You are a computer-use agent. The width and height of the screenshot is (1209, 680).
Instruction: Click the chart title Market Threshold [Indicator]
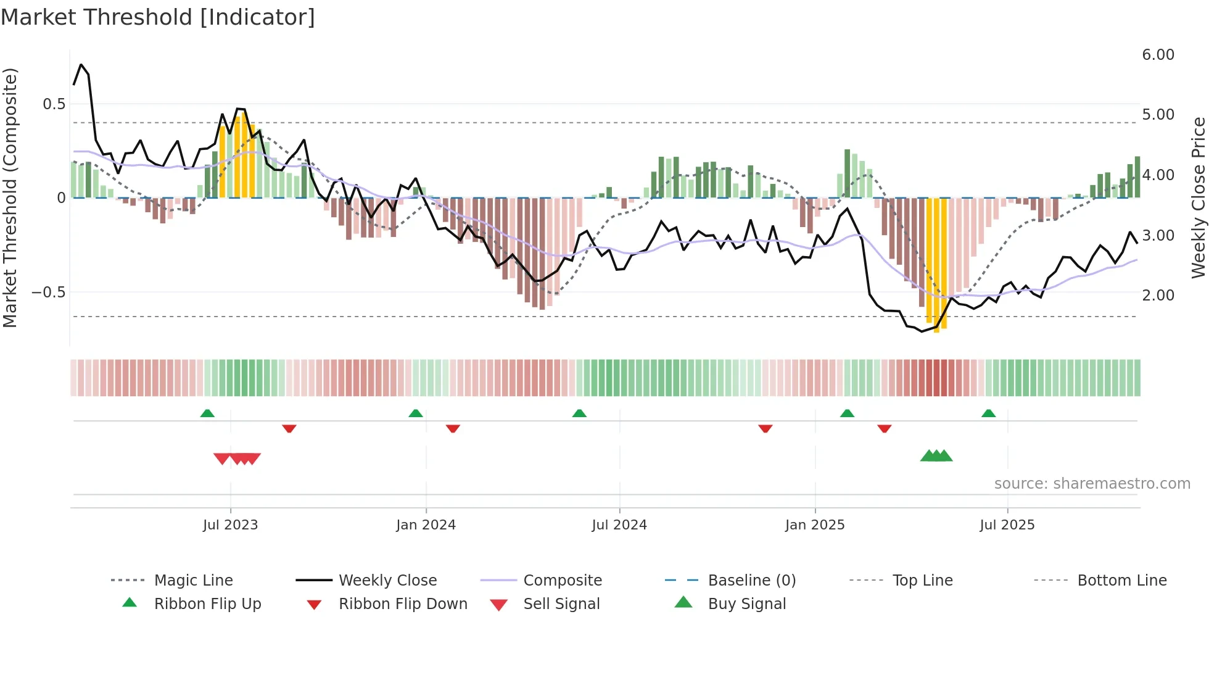pyautogui.click(x=158, y=17)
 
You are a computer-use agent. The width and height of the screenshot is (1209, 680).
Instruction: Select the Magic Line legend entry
pyautogui.click(x=193, y=581)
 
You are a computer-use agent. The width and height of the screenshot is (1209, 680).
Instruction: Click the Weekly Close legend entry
pyautogui.click(x=387, y=581)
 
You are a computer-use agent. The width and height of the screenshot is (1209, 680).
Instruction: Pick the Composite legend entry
pyautogui.click(x=562, y=581)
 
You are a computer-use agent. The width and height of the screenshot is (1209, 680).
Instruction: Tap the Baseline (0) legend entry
pyautogui.click(x=751, y=581)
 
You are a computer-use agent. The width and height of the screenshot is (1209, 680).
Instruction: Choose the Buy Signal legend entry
pyautogui.click(x=746, y=604)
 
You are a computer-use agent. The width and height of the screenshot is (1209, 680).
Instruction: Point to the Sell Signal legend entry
pyautogui.click(x=561, y=604)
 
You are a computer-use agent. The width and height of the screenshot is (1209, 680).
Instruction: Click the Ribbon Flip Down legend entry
pyautogui.click(x=403, y=604)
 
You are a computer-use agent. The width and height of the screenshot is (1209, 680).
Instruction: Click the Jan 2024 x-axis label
pyautogui.click(x=426, y=525)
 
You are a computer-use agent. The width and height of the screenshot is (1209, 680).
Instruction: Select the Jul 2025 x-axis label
pyautogui.click(x=1007, y=525)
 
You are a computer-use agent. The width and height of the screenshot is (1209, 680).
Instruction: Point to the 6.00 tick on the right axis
pyautogui.click(x=1158, y=55)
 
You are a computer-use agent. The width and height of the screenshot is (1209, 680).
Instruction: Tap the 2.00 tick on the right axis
pyautogui.click(x=1158, y=296)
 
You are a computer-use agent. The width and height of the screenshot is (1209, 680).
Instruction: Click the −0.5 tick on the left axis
pyautogui.click(x=48, y=292)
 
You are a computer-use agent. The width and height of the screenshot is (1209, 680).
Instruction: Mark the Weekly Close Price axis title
pyautogui.click(x=1198, y=197)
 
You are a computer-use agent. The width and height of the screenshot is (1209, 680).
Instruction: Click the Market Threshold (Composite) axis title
pyautogui.click(x=10, y=197)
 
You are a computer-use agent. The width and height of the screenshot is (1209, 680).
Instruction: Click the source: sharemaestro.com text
pyautogui.click(x=1092, y=484)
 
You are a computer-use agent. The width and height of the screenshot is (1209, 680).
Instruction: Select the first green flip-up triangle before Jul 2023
pyautogui.click(x=207, y=413)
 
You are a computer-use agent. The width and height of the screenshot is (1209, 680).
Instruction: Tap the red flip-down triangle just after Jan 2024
pyautogui.click(x=453, y=428)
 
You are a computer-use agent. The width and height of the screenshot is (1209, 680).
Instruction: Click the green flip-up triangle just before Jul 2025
pyautogui.click(x=989, y=413)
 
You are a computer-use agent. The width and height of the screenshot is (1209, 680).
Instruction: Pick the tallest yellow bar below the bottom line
pyautogui.click(x=936, y=265)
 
